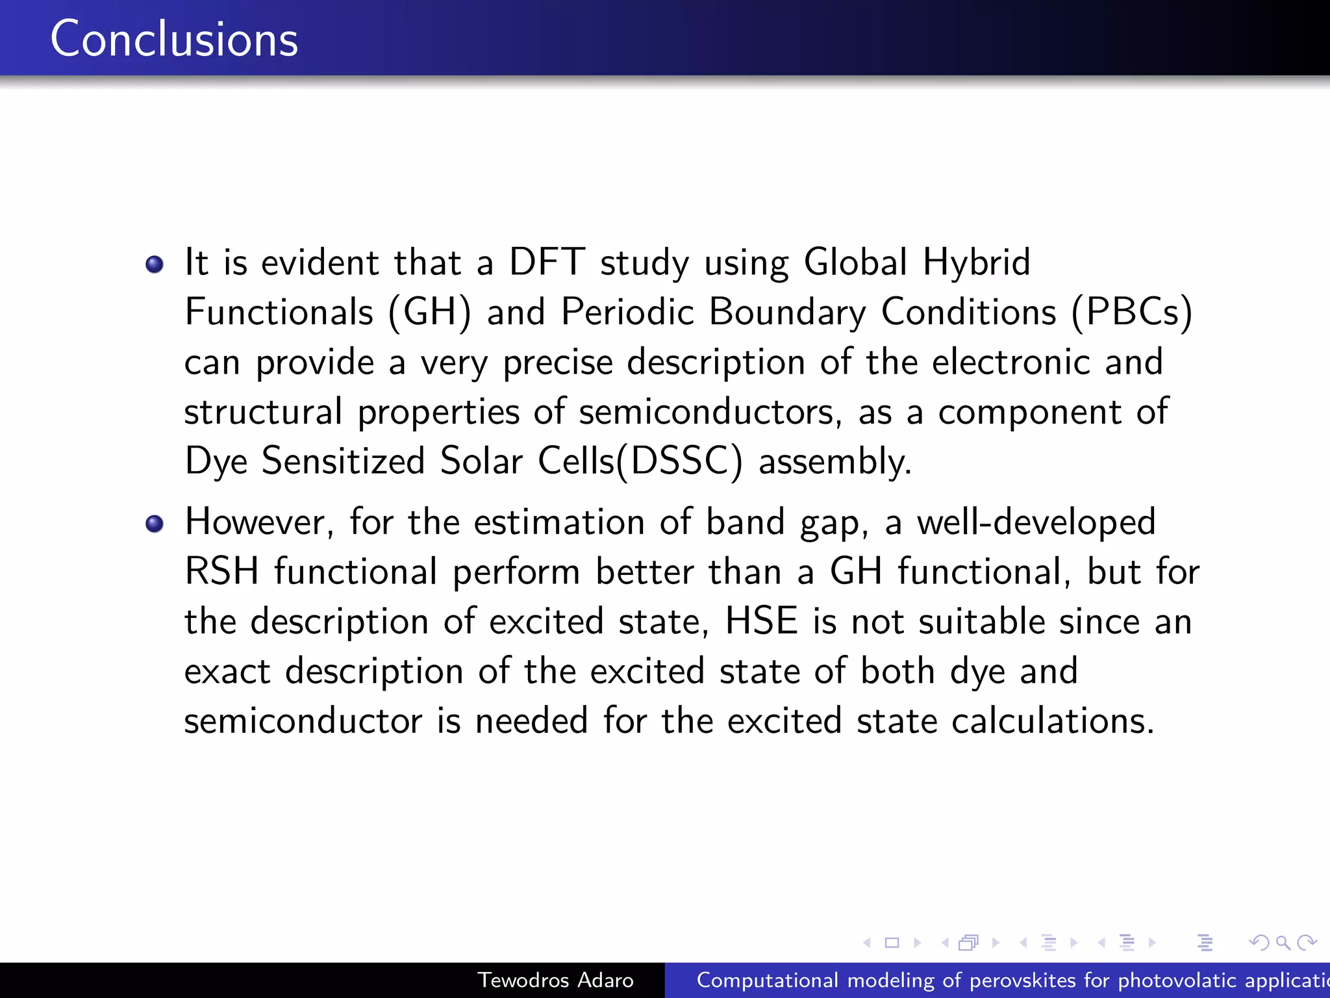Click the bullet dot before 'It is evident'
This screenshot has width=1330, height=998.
click(x=155, y=264)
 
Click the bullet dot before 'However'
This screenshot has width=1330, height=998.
click(x=155, y=524)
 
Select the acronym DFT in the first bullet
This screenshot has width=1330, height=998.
click(x=547, y=262)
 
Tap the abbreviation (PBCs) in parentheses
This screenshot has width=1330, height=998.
click(x=1132, y=313)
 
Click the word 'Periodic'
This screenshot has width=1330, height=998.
click(x=627, y=312)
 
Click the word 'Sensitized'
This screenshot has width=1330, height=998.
click(x=343, y=461)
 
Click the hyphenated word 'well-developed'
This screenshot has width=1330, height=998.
click(x=1036, y=522)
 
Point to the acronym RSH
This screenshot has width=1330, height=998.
click(x=221, y=572)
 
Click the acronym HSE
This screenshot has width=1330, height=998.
click(x=761, y=621)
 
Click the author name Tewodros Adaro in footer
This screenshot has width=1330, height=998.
click(x=555, y=980)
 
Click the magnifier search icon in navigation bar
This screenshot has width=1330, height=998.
click(x=1283, y=942)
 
